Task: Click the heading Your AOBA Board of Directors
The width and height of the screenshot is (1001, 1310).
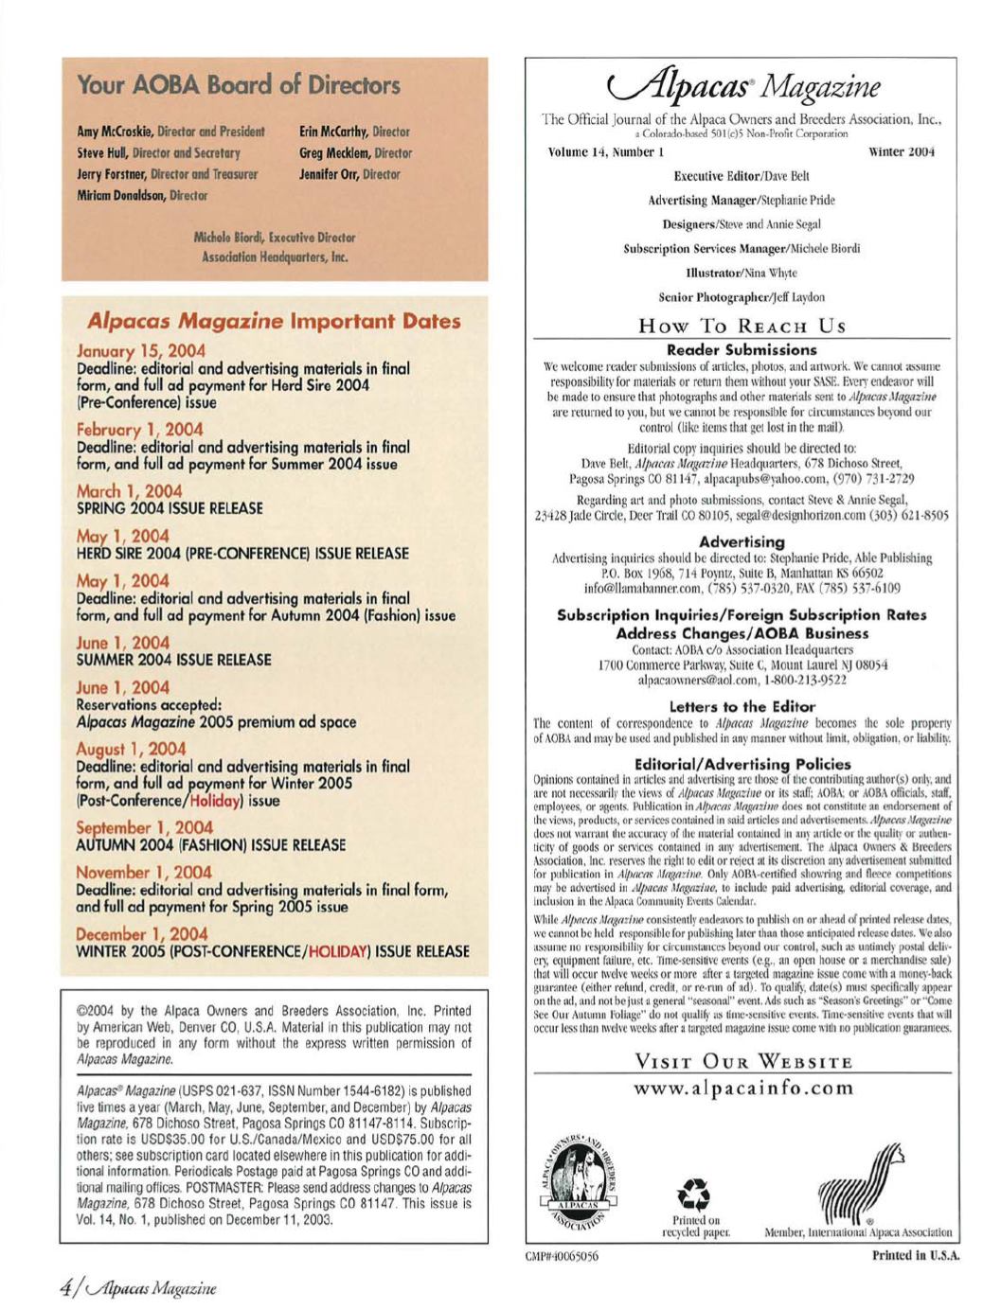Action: [239, 85]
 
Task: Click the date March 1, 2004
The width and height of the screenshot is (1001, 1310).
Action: [129, 491]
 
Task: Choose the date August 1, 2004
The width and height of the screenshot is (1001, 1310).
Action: [131, 749]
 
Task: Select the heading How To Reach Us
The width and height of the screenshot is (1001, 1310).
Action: [742, 326]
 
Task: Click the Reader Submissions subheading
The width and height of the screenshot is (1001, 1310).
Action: [742, 350]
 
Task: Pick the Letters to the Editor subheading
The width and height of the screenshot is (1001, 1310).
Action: [742, 706]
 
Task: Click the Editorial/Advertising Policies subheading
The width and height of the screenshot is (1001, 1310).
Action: [742, 763]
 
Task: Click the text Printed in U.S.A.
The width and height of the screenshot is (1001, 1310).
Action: [916, 1256]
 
